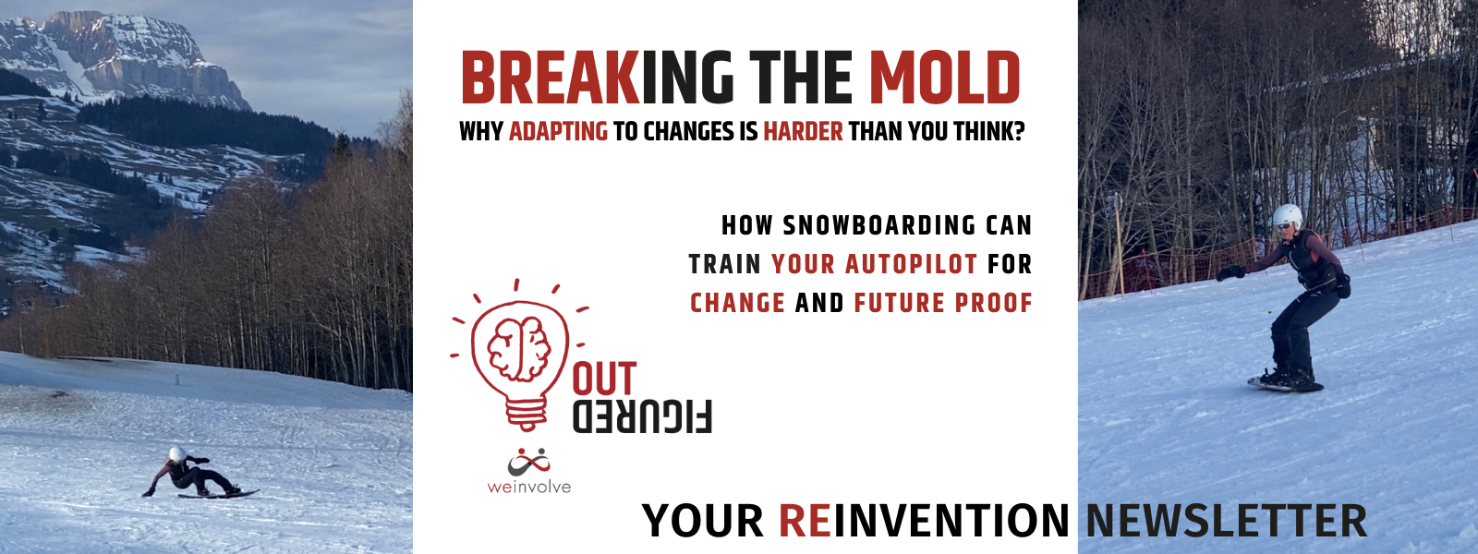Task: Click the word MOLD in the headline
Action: click(944, 78)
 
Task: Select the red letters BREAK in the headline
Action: click(551, 78)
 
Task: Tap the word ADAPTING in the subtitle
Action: click(558, 131)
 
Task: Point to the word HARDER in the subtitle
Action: click(803, 131)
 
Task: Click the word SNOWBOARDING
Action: click(879, 225)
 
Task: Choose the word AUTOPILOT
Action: click(911, 264)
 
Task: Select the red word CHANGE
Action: click(738, 304)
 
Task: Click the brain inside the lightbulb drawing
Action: click(519, 349)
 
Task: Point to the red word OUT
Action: click(604, 379)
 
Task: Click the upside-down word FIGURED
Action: click(642, 416)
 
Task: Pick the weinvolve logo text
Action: click(529, 488)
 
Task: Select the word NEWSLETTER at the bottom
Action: click(1226, 521)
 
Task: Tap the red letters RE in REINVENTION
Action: click(805, 521)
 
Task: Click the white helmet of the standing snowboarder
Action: click(1287, 216)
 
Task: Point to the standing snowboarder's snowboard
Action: click(1285, 384)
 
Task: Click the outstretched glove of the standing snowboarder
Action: click(1230, 272)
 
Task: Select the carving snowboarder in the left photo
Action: click(198, 475)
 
